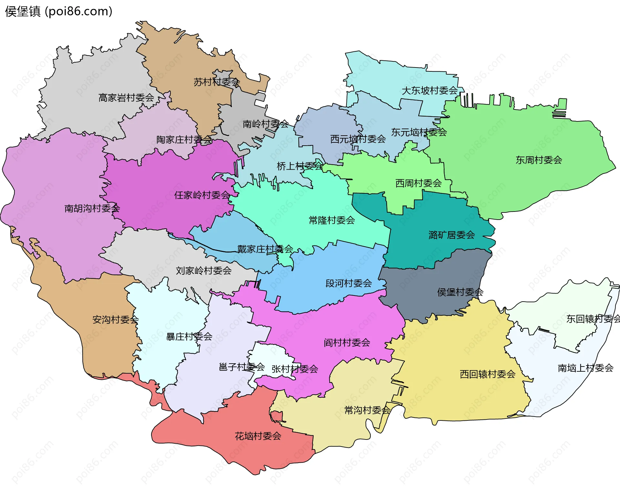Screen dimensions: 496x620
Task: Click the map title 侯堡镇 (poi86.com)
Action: (x=58, y=11)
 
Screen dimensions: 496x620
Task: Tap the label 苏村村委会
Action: (x=216, y=82)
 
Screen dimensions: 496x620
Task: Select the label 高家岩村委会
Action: (x=126, y=98)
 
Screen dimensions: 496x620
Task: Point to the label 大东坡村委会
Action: (x=429, y=90)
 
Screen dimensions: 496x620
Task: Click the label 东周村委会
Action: (x=539, y=160)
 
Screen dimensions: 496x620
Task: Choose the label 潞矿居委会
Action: (x=451, y=235)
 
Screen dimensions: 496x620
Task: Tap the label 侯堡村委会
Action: (x=460, y=292)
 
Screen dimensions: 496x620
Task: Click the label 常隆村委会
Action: (x=332, y=220)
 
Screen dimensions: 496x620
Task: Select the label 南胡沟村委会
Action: (x=92, y=208)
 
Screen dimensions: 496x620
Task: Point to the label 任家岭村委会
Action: (x=202, y=195)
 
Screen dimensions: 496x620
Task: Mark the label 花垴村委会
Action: (x=258, y=436)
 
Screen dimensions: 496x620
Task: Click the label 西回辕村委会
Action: (x=487, y=374)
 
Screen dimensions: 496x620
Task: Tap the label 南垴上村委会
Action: (x=585, y=368)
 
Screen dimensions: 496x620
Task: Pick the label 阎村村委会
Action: (x=347, y=343)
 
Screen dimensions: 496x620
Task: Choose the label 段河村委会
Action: (x=348, y=283)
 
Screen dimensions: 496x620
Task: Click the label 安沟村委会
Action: (x=115, y=320)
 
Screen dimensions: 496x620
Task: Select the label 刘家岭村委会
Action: (x=203, y=271)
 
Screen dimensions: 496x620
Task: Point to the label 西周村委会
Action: (x=418, y=183)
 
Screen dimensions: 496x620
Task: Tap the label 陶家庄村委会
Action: (x=184, y=139)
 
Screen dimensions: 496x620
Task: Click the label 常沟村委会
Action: (x=367, y=410)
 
